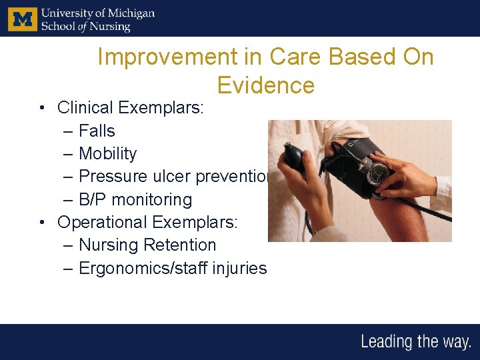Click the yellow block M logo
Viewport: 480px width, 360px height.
22,19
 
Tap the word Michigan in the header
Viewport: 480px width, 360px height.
130,13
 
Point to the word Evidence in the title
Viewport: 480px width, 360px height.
265,85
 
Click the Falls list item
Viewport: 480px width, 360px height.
97,131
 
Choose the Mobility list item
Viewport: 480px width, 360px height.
107,153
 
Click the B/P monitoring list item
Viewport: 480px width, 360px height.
135,199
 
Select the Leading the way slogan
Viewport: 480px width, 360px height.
415,342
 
